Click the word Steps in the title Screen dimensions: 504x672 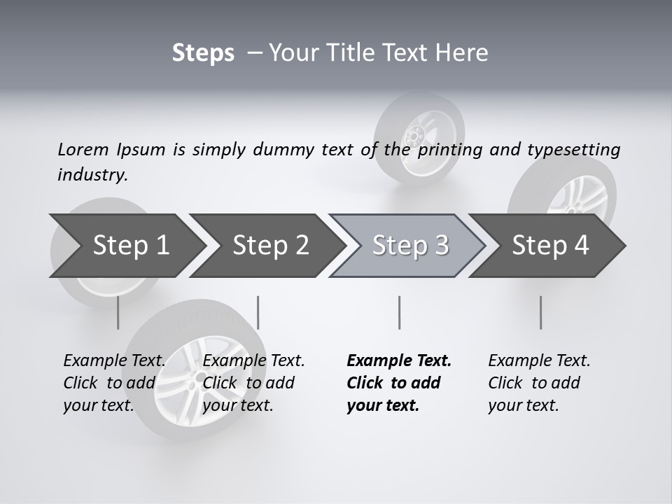point(203,53)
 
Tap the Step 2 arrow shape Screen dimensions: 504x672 point(270,245)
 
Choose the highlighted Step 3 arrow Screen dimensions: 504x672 point(410,245)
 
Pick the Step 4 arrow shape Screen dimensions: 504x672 point(550,245)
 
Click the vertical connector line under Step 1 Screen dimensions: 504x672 point(118,312)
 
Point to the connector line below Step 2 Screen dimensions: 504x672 point(258,312)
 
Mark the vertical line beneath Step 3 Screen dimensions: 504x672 point(399,312)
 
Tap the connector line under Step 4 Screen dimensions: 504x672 point(540,312)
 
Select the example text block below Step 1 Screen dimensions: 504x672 point(115,382)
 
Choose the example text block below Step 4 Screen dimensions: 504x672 point(539,382)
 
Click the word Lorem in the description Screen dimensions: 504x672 point(83,149)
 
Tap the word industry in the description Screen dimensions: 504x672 point(92,175)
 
